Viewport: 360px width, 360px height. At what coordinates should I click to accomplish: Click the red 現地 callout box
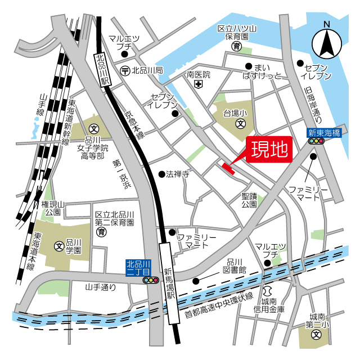coord(269,150)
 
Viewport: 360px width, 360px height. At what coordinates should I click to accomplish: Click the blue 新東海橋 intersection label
coord(324,133)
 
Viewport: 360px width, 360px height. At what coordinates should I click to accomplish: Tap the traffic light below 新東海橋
coord(317,142)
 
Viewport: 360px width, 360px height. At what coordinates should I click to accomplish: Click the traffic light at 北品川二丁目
coord(151,280)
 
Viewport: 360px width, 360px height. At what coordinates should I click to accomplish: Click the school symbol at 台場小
coord(240,123)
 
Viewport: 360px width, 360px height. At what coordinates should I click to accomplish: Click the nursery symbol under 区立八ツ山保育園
coord(237,46)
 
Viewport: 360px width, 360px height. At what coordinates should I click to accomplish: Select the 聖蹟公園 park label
coord(249,200)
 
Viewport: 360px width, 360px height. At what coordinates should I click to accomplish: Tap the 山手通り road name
coord(100,287)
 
